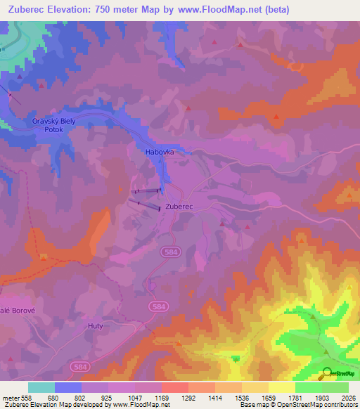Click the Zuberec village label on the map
click(179, 206)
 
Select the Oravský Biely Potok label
click(53, 125)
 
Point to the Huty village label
click(96, 326)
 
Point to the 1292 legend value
click(189, 398)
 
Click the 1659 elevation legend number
click(269, 398)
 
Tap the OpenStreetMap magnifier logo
click(328, 372)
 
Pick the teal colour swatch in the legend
click(41, 387)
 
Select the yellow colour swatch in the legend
click(282, 387)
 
